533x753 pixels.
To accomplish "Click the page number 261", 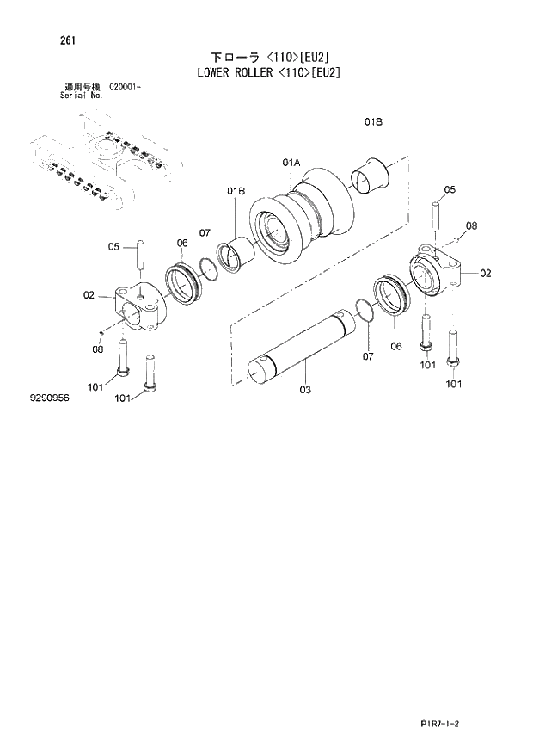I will [66, 40].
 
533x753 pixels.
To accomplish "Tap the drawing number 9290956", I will [48, 399].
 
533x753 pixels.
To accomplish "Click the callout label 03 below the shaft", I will [305, 390].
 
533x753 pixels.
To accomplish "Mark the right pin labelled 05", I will [437, 213].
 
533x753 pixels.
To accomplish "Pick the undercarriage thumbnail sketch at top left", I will [99, 164].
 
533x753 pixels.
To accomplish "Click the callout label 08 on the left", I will [98, 349].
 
